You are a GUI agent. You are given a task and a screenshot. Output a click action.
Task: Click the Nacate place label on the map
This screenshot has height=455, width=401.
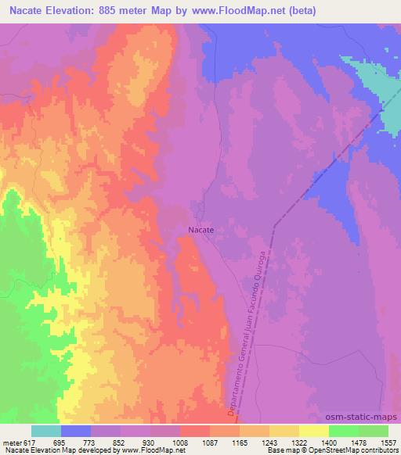click(x=200, y=231)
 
